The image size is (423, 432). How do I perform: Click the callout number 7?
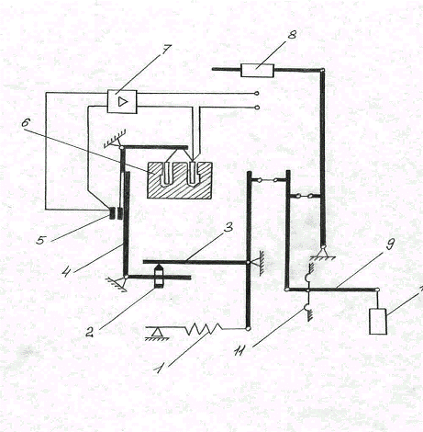[167, 50]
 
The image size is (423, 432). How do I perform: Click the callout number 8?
[292, 35]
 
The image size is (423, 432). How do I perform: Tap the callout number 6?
[26, 123]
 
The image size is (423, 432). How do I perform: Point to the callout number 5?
[40, 240]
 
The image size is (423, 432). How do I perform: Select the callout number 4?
[66, 270]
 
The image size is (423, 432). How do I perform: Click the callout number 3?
[228, 227]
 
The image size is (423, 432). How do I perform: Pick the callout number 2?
[89, 332]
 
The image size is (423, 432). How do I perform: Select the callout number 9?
[390, 244]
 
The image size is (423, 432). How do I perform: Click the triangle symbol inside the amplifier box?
[122, 102]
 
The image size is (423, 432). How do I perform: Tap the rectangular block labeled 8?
[257, 70]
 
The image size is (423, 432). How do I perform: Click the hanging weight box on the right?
[378, 322]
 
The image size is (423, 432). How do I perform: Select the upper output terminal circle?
[257, 93]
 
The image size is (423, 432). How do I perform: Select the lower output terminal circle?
[257, 108]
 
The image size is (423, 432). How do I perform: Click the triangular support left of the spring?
[158, 333]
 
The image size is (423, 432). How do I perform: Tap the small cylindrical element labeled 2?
[159, 277]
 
